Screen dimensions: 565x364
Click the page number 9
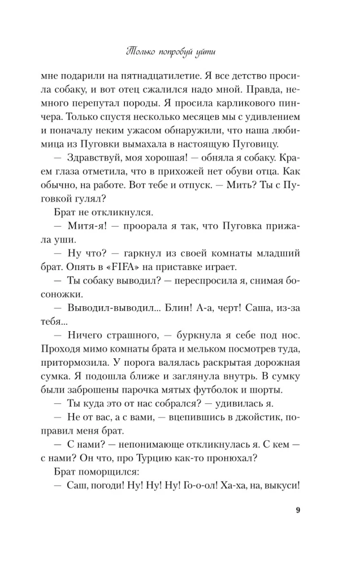click(297, 512)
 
